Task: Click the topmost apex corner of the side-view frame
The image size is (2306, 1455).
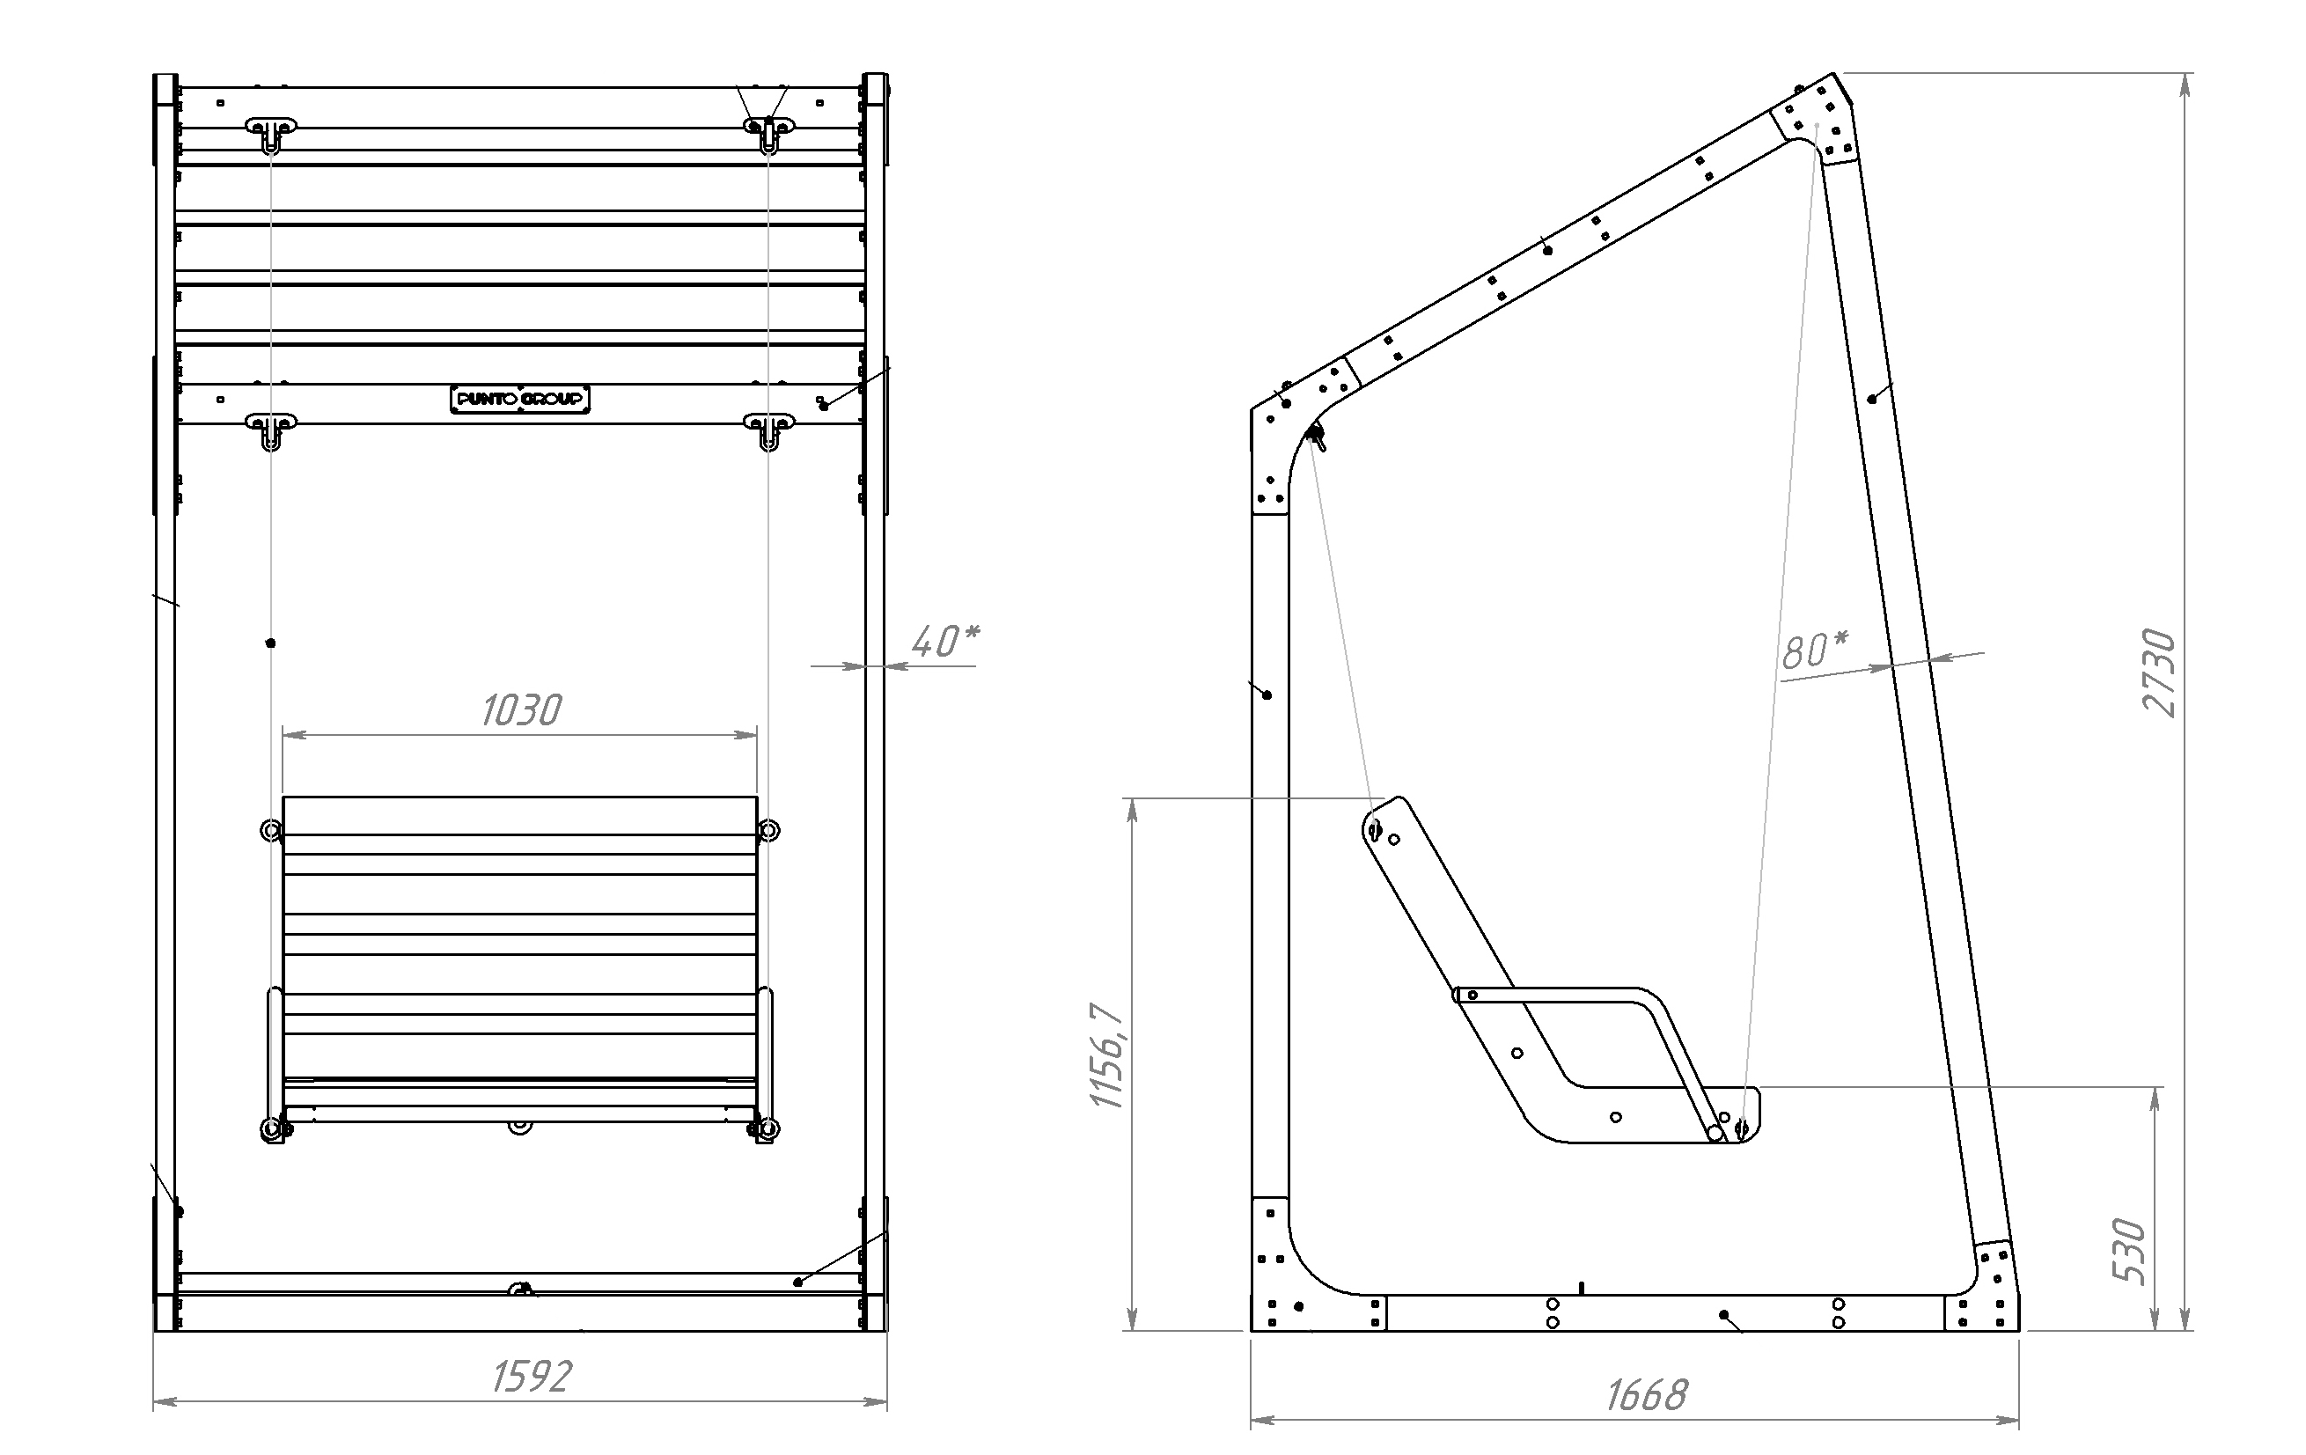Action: tap(1833, 73)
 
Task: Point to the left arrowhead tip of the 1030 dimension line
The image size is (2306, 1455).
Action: tap(283, 735)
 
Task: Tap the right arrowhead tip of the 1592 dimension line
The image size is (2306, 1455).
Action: tap(887, 1402)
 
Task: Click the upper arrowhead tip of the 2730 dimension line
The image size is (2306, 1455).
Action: tap(2185, 74)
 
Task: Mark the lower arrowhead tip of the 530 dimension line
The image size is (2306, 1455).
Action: tap(2155, 1329)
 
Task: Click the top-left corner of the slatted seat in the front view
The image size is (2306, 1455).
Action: tap(283, 797)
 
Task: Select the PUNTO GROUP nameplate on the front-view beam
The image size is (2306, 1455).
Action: tap(520, 400)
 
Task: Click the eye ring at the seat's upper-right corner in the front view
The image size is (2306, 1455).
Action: tap(768, 830)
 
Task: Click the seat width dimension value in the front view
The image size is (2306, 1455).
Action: tap(521, 709)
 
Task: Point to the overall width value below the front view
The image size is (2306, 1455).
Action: tap(532, 1377)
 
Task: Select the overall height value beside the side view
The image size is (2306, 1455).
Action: tap(2160, 672)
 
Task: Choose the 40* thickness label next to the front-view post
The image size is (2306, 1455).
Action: tap(945, 641)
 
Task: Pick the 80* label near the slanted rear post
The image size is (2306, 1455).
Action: tap(1815, 650)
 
